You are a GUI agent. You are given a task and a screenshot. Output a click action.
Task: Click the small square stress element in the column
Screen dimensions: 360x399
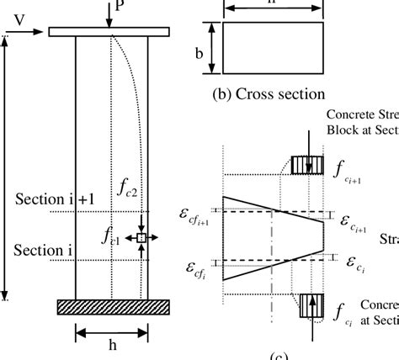pos(141,239)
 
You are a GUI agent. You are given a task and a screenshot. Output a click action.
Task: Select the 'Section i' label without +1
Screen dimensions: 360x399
pos(41,251)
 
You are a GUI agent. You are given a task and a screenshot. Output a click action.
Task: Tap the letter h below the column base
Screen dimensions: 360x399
pos(111,345)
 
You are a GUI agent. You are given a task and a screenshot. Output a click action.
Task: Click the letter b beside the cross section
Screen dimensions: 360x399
pos(199,52)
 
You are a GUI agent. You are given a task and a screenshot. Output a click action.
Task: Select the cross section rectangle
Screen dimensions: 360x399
pos(272,48)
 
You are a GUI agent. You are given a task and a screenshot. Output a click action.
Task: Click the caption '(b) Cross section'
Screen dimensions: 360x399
pos(269,94)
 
